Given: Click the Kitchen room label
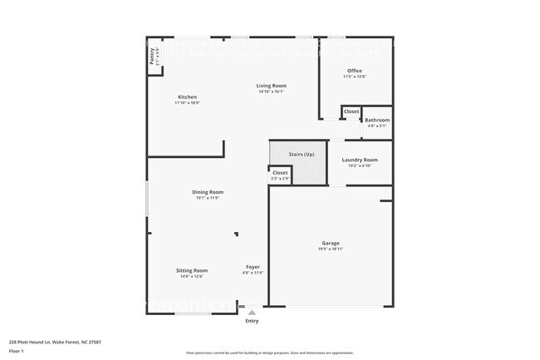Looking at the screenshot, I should click(x=187, y=96).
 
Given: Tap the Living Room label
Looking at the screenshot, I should click(x=271, y=86).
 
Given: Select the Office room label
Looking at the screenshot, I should click(x=355, y=71).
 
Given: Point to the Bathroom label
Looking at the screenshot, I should click(x=377, y=120).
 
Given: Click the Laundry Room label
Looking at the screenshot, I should click(x=360, y=160).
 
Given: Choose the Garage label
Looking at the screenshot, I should click(x=331, y=243).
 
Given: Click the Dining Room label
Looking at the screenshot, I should click(x=209, y=192).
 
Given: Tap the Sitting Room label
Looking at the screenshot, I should click(x=192, y=270).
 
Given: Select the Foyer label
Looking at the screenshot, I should click(x=253, y=267).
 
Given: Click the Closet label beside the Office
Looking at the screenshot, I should click(x=351, y=111).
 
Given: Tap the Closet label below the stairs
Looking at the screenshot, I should click(x=280, y=173).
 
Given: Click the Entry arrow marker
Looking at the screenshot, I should click(x=252, y=312).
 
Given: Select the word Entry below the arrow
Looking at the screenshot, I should click(x=252, y=321).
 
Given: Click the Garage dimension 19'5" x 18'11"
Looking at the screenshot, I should click(x=331, y=249).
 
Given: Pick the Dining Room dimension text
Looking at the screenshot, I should click(x=209, y=198).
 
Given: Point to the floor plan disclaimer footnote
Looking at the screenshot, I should click(x=270, y=353).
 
